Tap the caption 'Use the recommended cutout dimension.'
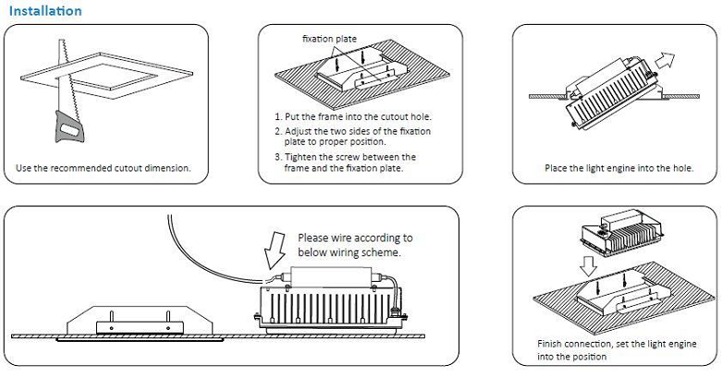[x=104, y=169]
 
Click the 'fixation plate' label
[x=329, y=39]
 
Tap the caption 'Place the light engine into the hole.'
[x=618, y=169]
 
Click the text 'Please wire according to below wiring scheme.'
[x=355, y=245]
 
